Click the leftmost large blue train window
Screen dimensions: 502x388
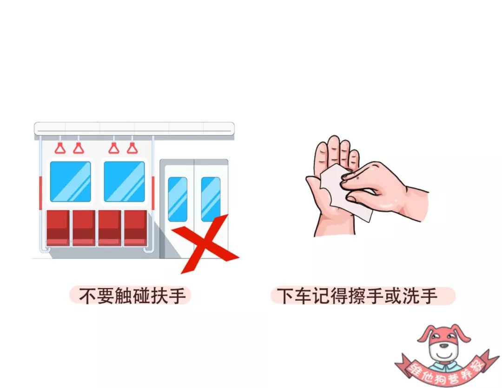71,182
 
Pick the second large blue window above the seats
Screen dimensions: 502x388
124,182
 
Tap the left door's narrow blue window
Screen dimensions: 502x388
178,199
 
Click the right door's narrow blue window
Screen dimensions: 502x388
211,199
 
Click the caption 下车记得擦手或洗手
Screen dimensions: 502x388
357,296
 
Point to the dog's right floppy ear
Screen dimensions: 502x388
462,333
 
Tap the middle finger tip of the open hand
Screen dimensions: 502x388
334,139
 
